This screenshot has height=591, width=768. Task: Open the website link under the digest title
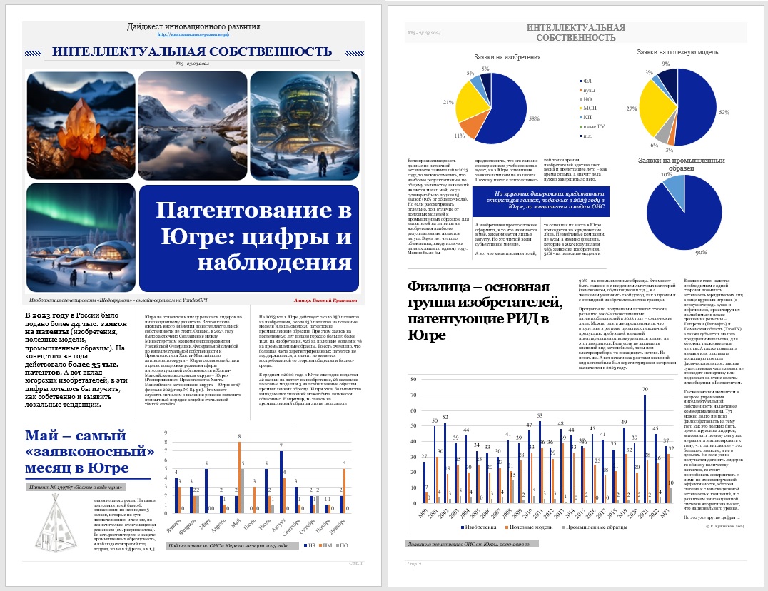click(x=193, y=34)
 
